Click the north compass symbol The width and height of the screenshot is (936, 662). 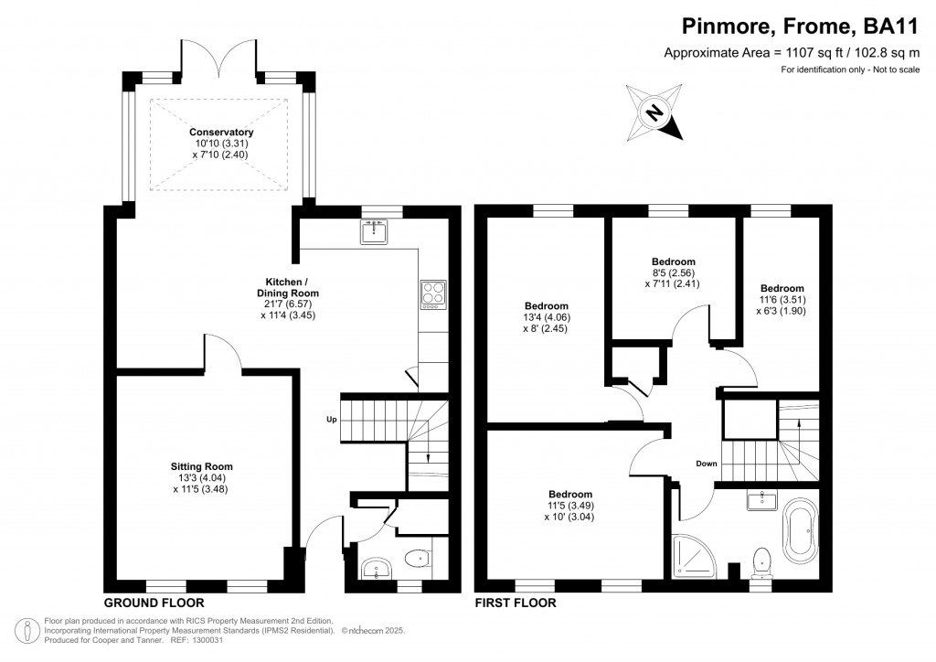[654, 112]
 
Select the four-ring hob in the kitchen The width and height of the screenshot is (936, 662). [431, 293]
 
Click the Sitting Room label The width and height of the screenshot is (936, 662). [202, 465]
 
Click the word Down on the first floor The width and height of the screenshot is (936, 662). [706, 464]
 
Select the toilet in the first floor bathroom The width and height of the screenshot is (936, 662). [759, 560]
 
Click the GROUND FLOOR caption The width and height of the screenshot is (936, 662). [154, 603]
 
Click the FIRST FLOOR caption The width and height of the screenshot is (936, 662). [516, 603]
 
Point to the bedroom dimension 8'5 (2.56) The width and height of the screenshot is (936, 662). [674, 272]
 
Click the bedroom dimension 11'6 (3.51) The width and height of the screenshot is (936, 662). [782, 299]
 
